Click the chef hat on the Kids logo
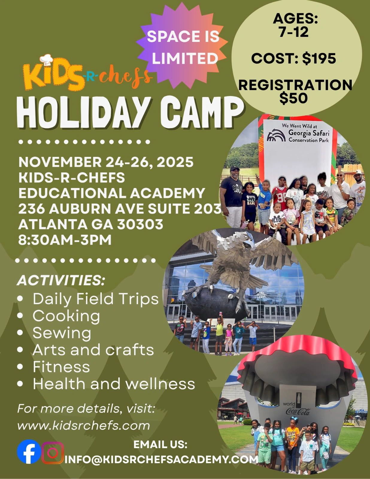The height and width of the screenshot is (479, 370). (x=46, y=60)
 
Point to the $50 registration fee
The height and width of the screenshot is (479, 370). (x=294, y=98)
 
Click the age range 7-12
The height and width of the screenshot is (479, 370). (x=294, y=32)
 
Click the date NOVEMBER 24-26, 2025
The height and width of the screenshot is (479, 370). (x=106, y=162)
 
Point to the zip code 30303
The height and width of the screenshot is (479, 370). (x=140, y=224)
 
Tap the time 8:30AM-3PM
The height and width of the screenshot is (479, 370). (x=65, y=240)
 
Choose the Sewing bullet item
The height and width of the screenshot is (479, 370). (x=62, y=333)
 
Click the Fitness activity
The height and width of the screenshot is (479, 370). (x=61, y=366)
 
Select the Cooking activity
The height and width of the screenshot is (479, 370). (x=66, y=316)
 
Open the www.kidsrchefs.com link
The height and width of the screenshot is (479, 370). (x=84, y=426)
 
